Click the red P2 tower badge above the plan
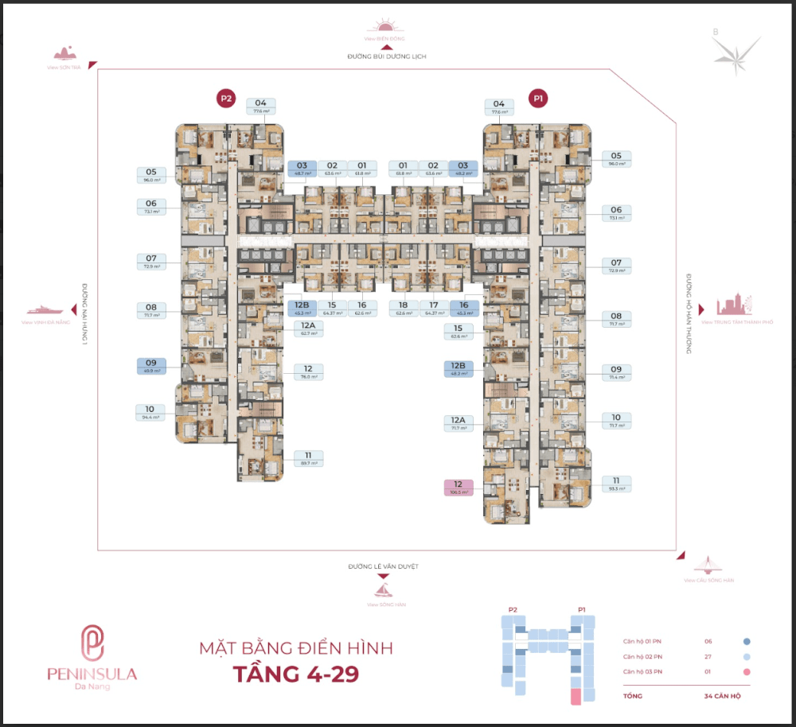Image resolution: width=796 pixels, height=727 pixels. pyautogui.click(x=227, y=99)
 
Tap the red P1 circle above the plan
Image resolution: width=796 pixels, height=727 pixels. pyautogui.click(x=539, y=99)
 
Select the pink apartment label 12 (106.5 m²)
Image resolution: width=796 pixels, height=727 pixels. pyautogui.click(x=458, y=488)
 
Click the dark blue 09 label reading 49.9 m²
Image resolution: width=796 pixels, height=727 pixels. pyautogui.click(x=150, y=366)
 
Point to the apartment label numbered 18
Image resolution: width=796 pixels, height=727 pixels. pyautogui.click(x=404, y=309)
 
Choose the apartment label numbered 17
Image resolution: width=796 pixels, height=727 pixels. pyautogui.click(x=434, y=309)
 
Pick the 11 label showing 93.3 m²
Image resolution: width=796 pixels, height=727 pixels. pyautogui.click(x=616, y=484)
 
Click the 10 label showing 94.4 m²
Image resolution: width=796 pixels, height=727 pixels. pyautogui.click(x=150, y=411)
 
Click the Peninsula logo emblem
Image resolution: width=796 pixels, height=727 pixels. pyautogui.click(x=92, y=643)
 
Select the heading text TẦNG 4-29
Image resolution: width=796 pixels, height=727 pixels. pyautogui.click(x=295, y=674)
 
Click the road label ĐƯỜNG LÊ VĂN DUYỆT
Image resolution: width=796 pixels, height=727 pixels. pyautogui.click(x=383, y=566)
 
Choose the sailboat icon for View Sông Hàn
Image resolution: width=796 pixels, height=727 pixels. pyautogui.click(x=384, y=590)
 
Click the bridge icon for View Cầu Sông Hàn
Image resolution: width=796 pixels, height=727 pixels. pyautogui.click(x=704, y=566)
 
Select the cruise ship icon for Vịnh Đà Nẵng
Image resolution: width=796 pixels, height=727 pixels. pyautogui.click(x=45, y=309)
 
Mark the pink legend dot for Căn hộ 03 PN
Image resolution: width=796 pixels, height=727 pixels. pyautogui.click(x=747, y=673)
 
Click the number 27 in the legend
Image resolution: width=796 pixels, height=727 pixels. pyautogui.click(x=708, y=657)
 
